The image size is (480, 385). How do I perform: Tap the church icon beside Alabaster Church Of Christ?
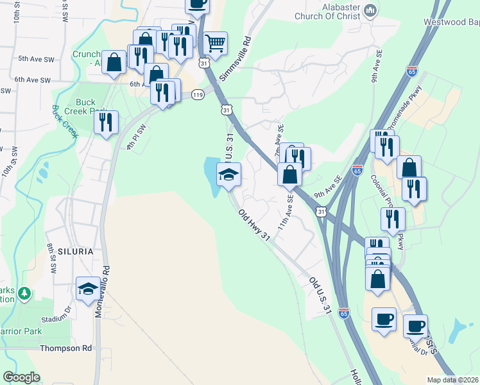(370, 11)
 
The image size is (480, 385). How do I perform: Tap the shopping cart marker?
(215, 44)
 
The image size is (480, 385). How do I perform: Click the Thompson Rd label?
(65, 348)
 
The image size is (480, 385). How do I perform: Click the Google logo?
(21, 377)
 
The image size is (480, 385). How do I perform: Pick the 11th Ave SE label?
(285, 214)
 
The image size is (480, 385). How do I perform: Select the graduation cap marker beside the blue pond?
(228, 174)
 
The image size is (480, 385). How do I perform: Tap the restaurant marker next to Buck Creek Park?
(106, 121)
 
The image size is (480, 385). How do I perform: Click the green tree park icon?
(24, 294)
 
